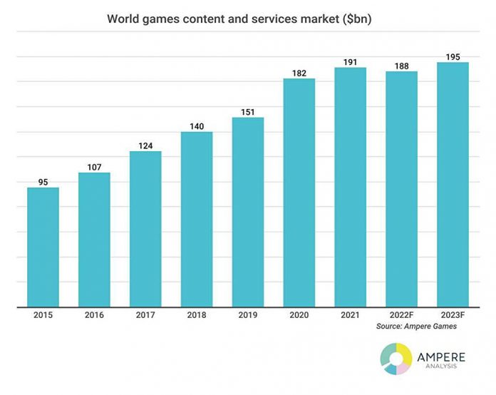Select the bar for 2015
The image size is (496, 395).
pos(43,247)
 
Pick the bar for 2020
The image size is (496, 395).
pos(299,193)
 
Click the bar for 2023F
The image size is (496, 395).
pos(453,185)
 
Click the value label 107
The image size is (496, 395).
pos(94,166)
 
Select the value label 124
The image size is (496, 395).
pos(145,145)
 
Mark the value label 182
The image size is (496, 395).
pos(299,72)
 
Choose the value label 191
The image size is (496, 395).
pos(350,61)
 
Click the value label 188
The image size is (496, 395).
pos(401,65)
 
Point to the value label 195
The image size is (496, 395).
pos(453,56)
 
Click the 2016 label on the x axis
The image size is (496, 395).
pos(94,314)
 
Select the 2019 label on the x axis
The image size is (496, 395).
pos(247,314)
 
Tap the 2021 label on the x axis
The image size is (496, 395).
pos(350,314)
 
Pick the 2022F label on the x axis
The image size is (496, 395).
pos(401,314)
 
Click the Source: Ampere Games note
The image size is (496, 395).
pos(415,326)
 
